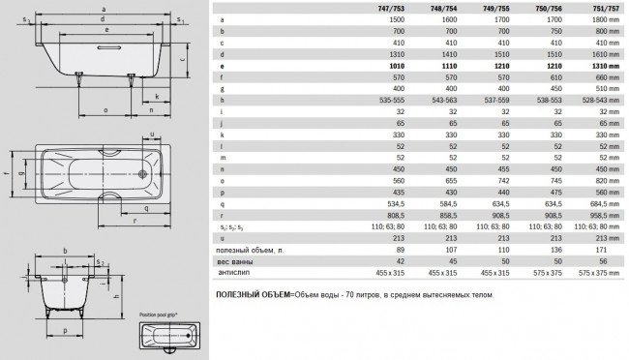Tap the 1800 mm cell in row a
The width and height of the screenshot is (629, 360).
tap(606, 19)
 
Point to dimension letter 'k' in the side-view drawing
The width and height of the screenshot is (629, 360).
tap(156, 97)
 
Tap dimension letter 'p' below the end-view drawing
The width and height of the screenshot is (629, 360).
tap(65, 330)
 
